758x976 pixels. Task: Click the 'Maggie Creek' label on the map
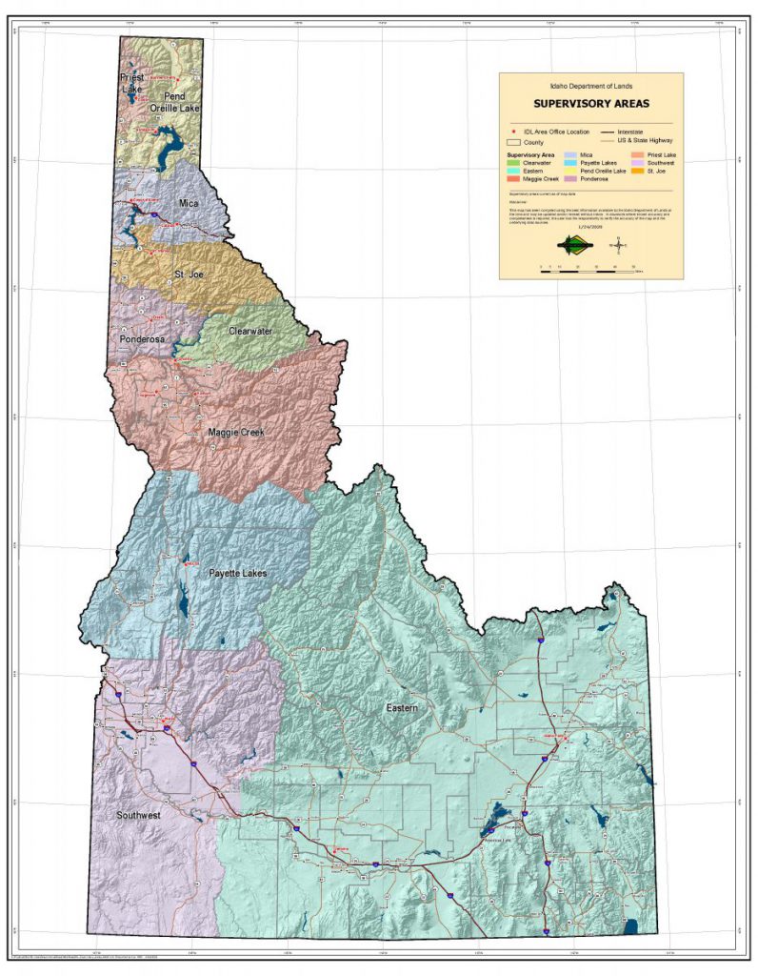235,433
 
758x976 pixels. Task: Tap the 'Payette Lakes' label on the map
237,573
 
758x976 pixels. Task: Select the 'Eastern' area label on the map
402,708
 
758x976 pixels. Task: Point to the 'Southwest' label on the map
138,816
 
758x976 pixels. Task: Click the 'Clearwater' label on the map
250,331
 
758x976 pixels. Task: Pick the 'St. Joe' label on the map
191,275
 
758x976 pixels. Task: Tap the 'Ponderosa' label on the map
143,338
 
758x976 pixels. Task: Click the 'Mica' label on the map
189,203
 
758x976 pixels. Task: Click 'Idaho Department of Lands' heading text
590,86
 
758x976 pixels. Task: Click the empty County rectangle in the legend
514,142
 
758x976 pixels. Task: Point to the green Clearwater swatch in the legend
513,163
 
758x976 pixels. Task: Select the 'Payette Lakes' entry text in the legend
595,163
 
